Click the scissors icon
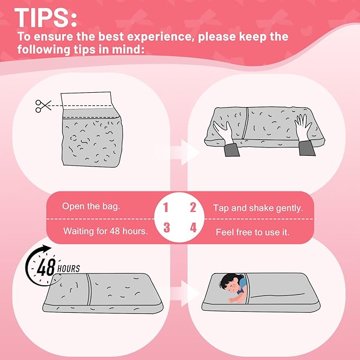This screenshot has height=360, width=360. pos(42,106)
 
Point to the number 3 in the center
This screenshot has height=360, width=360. pos(166,228)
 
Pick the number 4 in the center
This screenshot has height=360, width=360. pos(193,228)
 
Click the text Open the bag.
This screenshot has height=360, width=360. pos(91,206)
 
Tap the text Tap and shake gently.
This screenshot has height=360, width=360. pos(258,208)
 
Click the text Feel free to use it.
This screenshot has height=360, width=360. pos(252,232)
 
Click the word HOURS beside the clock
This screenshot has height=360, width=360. pos(68,269)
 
